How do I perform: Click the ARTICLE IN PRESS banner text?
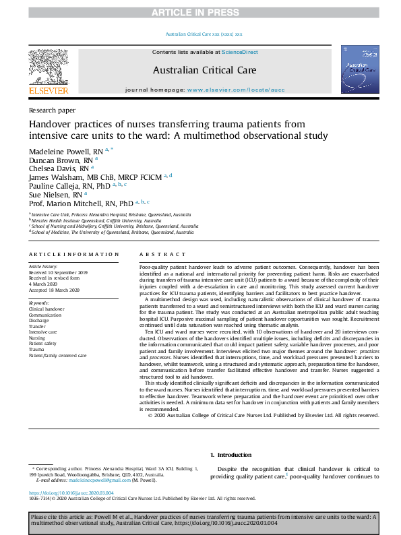[200, 13]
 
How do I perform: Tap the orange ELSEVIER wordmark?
[48, 90]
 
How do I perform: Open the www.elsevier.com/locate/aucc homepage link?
[226, 90]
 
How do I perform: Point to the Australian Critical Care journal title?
[200, 69]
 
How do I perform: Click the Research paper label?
[53, 110]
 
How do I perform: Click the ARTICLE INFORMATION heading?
[73, 254]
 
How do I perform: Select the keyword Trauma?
[36, 350]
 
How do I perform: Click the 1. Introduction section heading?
[231, 455]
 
